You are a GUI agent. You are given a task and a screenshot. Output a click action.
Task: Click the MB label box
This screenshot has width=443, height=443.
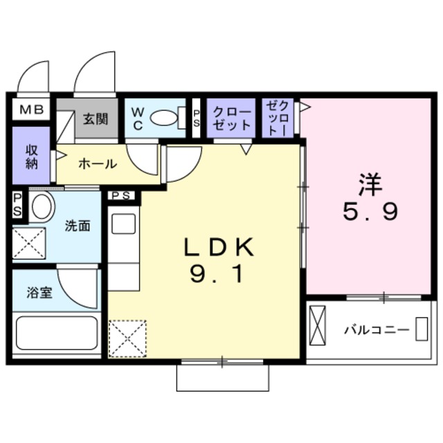coord(30,109)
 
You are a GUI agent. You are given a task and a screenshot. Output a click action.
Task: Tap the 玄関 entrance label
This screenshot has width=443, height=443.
coord(96,118)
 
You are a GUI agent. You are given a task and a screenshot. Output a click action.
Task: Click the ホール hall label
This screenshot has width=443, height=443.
coord(97,164)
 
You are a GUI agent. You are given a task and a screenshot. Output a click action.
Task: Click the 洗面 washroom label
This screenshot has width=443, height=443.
coord(78,226)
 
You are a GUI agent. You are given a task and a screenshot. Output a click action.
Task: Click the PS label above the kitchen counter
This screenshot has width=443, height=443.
coord(121,196)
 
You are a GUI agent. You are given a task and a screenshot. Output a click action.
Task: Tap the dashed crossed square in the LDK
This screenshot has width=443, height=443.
coord(127,339)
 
